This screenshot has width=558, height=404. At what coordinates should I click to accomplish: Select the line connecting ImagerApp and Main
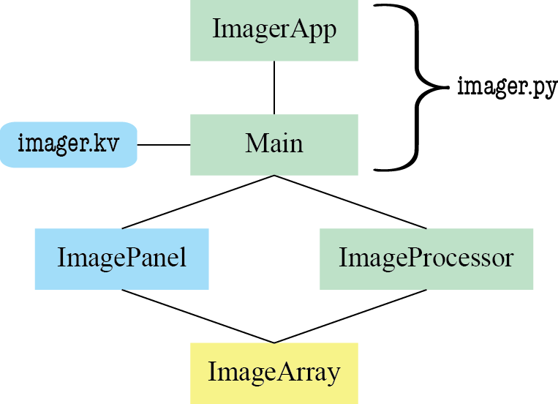[274, 87]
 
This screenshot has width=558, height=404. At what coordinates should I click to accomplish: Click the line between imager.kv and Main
[164, 145]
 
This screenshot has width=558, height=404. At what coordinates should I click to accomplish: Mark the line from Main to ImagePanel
[197, 202]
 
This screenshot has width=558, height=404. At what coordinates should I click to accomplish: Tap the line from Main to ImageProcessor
[350, 202]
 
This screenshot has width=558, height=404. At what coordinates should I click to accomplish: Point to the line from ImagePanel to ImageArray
[197, 316]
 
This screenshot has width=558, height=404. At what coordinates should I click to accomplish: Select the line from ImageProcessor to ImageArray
[350, 316]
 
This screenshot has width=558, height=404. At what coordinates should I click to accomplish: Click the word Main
[274, 143]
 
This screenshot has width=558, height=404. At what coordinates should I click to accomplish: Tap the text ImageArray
[274, 373]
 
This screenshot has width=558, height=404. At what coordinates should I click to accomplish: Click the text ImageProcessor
[426, 258]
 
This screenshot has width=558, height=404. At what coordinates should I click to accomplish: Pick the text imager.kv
[68, 144]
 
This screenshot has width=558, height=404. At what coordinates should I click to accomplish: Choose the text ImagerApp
[274, 30]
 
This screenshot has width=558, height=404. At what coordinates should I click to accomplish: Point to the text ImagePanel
[122, 258]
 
